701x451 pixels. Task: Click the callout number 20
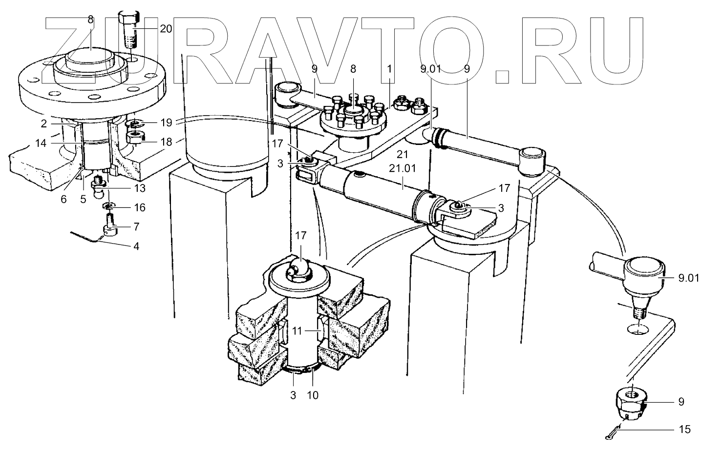coord(166,29)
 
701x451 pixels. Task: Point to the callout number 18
coord(167,142)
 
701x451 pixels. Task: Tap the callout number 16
coord(140,207)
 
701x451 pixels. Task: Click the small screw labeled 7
coord(110,227)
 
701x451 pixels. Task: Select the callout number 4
coord(136,246)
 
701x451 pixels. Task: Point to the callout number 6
coord(64,199)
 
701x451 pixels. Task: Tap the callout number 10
coord(312,395)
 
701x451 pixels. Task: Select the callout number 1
coord(389,69)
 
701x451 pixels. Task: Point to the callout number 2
coord(43,124)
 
